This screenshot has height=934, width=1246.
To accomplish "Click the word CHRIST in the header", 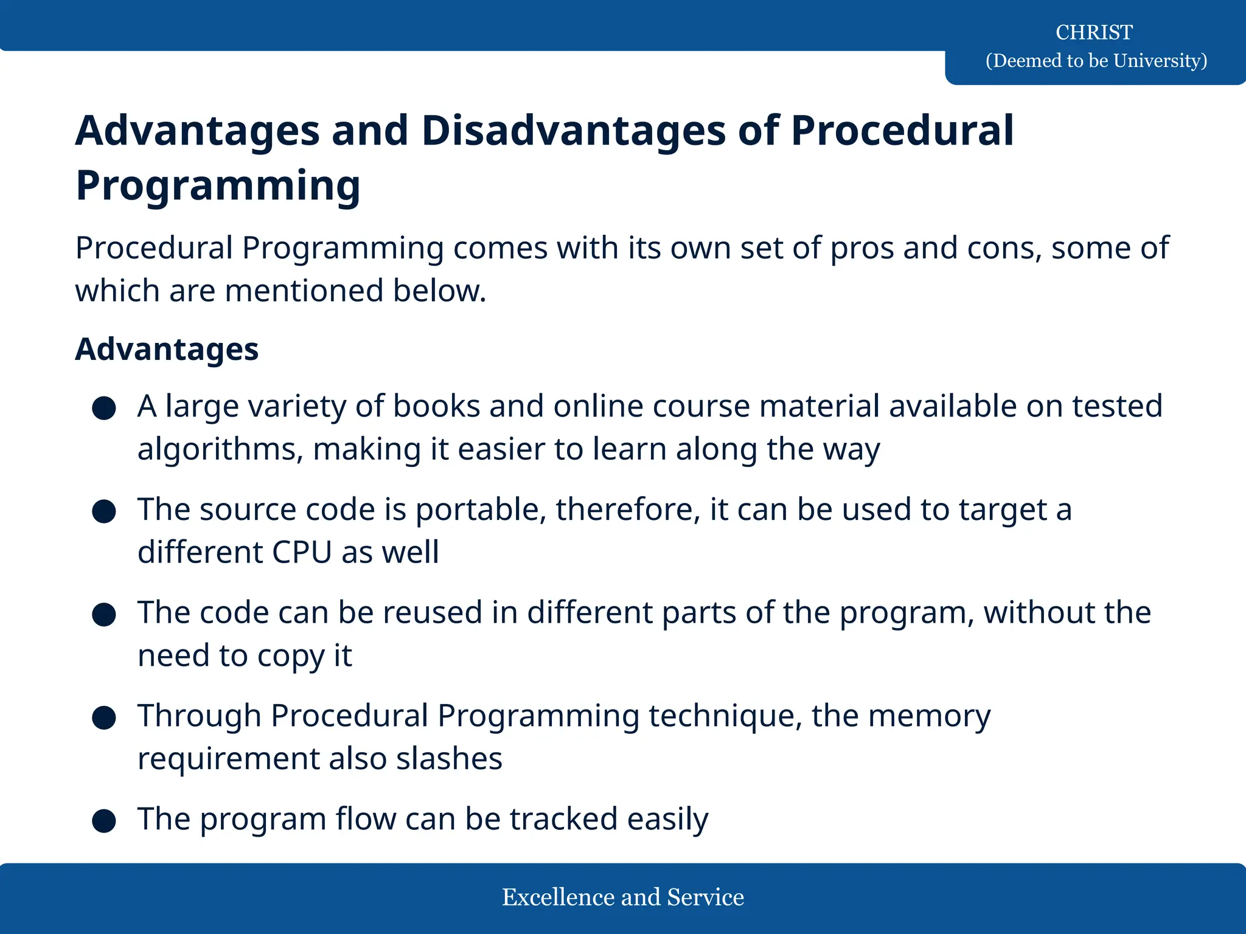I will coord(1093,32).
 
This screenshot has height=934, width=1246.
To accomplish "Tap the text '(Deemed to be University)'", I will coord(1096,61).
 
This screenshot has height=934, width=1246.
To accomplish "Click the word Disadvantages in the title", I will coord(573,131).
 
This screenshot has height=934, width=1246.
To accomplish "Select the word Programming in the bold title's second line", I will coord(218,185).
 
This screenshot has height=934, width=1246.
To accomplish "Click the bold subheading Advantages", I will coord(167,350).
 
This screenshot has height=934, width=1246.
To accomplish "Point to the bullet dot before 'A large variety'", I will coord(104,408).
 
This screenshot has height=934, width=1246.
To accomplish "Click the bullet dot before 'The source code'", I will coord(104,511).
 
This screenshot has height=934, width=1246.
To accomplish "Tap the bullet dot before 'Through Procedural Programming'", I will coord(104,718).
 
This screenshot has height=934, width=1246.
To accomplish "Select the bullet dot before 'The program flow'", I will coord(104,821).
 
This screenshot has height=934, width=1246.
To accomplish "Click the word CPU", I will coord(301,553).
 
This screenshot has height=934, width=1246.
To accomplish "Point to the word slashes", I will coord(449,759).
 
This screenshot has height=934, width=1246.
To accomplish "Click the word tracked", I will coord(563,819).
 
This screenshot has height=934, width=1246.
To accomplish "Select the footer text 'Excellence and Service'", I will coord(622,898).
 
